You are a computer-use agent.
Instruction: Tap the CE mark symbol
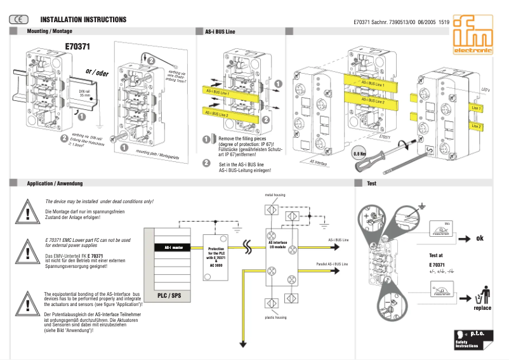pos(18,20)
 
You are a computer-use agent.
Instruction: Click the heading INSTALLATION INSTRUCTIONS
pos(84,20)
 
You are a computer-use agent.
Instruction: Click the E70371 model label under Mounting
pos(77,46)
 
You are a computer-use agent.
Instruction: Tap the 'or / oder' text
pos(97,72)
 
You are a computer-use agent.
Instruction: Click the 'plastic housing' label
pos(275,317)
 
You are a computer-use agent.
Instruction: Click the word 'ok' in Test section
pos(480,238)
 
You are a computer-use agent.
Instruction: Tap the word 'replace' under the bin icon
pos(482,308)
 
